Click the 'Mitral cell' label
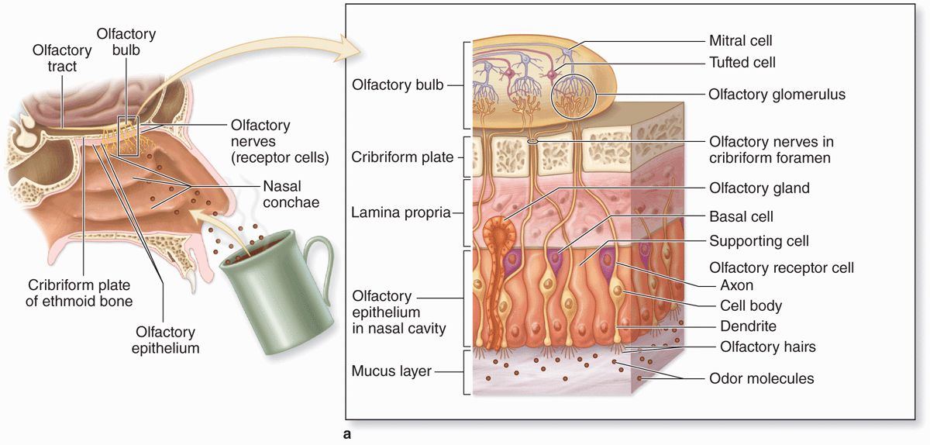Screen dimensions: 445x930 pos(740,40)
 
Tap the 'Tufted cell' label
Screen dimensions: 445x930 pos(742,62)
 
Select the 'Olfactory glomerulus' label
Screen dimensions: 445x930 pos(777,95)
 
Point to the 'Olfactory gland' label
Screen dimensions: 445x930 pos(759,188)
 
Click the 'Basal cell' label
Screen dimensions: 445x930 pos(741,217)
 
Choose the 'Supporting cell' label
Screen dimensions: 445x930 pos(759,241)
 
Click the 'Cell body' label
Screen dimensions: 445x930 pos(751,305)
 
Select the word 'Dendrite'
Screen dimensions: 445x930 pos(748,326)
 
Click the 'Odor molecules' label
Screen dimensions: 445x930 pos(761,379)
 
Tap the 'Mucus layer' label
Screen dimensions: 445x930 pos(391,371)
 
